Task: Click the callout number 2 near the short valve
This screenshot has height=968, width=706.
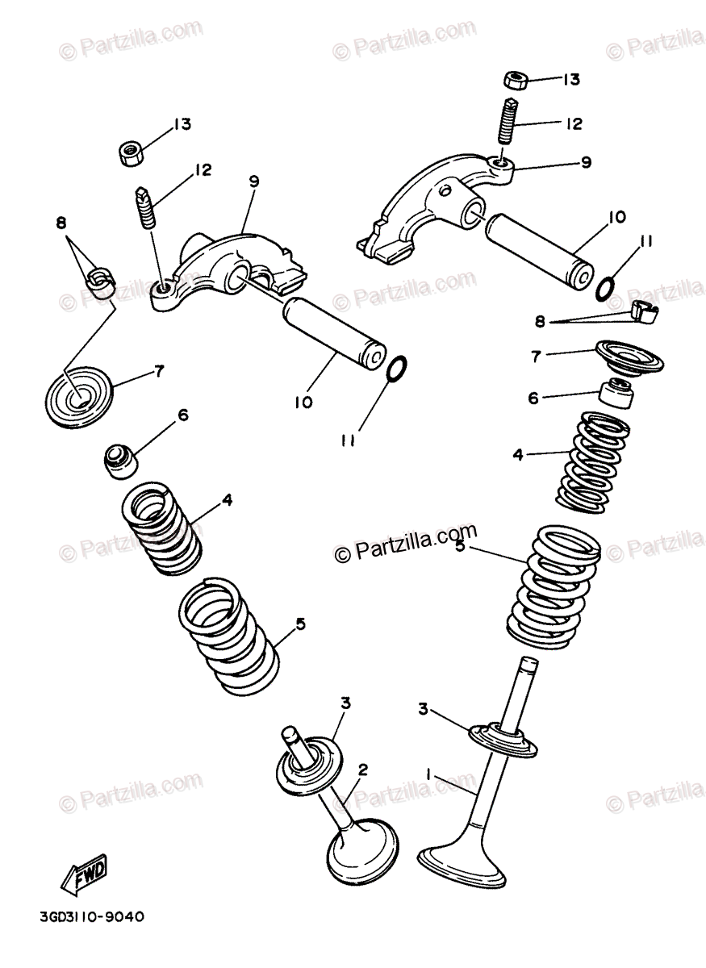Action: coord(362,770)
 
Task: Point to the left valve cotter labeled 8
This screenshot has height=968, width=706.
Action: coord(101,281)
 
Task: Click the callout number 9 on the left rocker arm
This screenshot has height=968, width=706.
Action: coord(254,181)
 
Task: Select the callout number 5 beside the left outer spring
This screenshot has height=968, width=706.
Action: coord(300,623)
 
